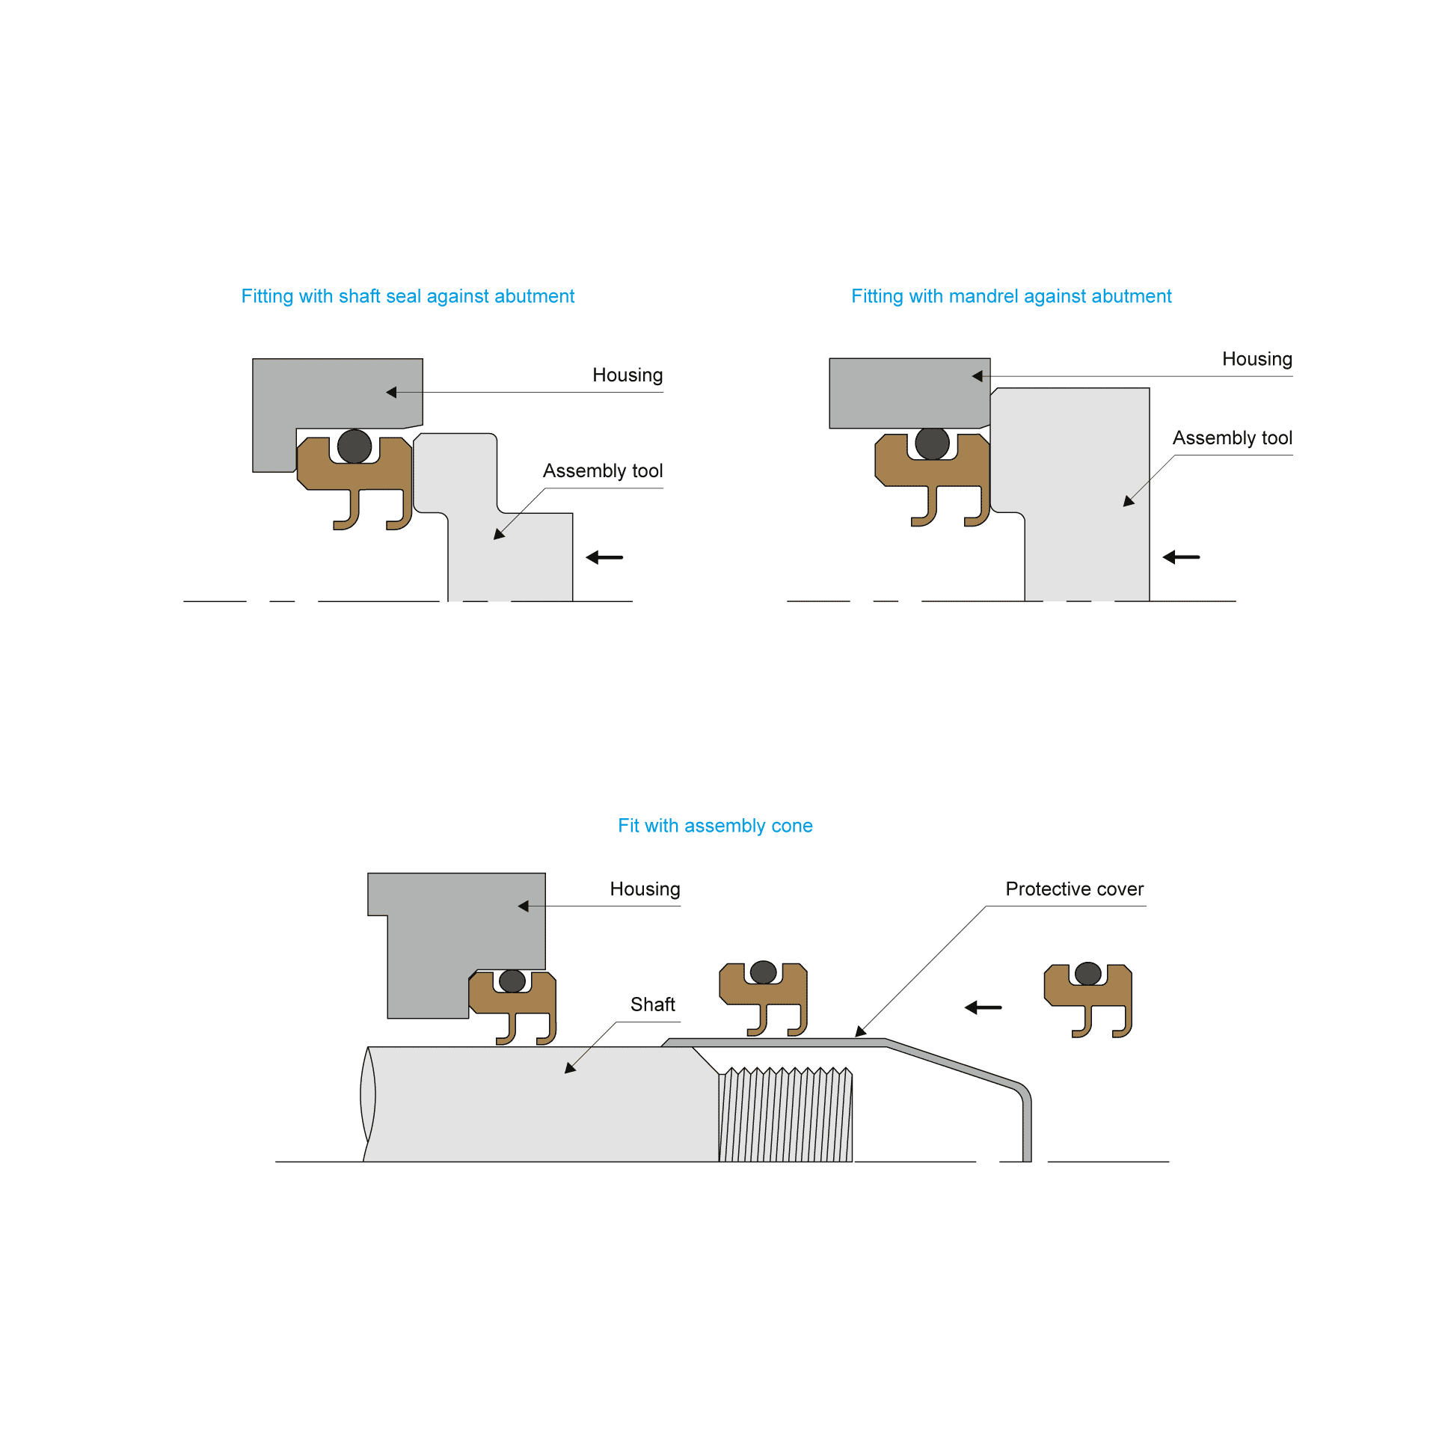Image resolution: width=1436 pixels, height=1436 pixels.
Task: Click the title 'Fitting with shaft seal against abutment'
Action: (x=408, y=296)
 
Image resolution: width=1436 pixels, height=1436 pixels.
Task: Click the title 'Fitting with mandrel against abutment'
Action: (x=1011, y=296)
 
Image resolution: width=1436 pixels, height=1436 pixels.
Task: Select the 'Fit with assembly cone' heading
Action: (x=715, y=826)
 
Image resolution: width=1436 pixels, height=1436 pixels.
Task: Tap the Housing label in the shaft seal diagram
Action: (x=628, y=375)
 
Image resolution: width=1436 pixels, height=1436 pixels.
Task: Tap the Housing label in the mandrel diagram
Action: (x=1256, y=359)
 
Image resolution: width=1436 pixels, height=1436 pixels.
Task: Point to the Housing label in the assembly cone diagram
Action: (x=645, y=889)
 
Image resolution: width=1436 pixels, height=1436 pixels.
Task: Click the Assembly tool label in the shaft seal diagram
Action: (x=603, y=470)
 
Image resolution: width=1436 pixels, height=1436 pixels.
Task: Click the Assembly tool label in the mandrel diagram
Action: (x=1232, y=438)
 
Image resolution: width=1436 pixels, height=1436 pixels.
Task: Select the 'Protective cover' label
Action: (x=1074, y=889)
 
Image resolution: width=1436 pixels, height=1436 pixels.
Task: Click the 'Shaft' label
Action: (x=652, y=1004)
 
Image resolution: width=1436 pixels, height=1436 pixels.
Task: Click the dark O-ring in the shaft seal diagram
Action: (x=355, y=447)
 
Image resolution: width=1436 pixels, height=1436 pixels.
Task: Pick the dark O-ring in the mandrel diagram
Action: (x=932, y=444)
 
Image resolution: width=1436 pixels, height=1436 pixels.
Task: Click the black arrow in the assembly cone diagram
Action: (x=983, y=1007)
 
